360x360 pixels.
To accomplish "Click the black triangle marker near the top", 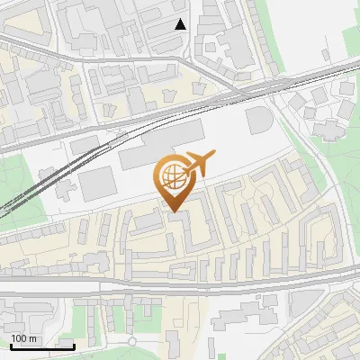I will [181, 24].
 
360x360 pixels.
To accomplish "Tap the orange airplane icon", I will [197, 164].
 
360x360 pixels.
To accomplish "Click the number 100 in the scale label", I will [18, 338].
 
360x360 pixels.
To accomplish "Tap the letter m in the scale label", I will [32, 338].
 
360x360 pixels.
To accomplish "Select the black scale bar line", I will [41, 346].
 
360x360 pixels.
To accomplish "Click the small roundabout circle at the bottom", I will [131, 342].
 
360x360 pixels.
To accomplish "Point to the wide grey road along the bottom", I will [180, 286].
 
